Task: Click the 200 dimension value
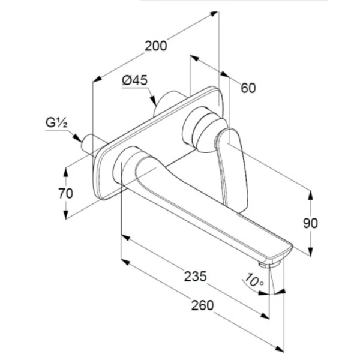156,46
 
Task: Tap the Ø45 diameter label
135,80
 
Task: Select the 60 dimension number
248,88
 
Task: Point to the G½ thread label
56,122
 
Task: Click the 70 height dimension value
65,193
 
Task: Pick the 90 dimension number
310,223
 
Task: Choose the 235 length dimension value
196,277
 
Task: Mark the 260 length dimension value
203,305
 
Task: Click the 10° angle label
254,280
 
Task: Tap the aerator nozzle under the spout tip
270,264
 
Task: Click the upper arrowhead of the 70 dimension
66,172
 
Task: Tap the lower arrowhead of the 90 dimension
310,251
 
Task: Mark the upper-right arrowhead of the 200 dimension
214,14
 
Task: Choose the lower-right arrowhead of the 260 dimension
280,349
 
